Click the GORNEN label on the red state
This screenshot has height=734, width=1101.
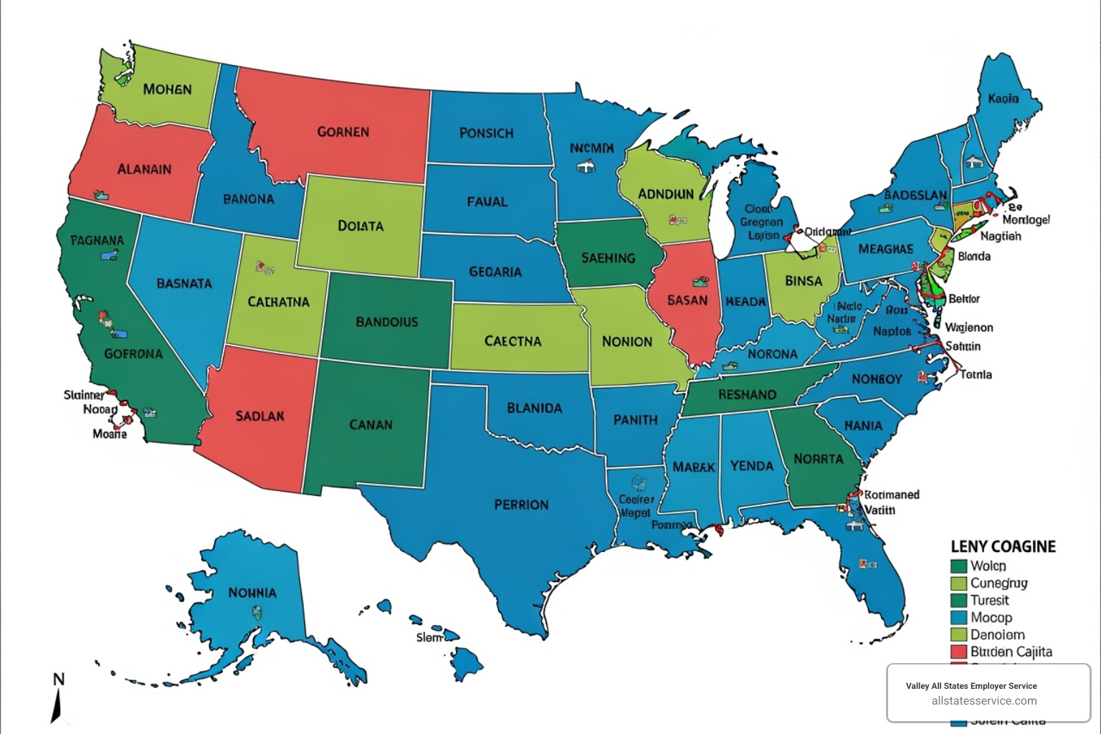click(343, 132)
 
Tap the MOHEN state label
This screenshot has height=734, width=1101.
click(167, 90)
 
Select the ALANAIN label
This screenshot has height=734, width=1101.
click(144, 169)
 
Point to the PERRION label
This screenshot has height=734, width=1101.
click(521, 505)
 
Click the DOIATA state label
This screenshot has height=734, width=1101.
click(360, 226)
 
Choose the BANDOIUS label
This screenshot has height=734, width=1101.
click(386, 322)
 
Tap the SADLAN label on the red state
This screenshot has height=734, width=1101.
click(259, 416)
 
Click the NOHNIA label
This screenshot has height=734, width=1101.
click(252, 593)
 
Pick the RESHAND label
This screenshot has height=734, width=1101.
click(747, 395)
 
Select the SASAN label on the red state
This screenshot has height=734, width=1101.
click(687, 300)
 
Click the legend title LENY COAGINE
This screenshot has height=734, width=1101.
click(1003, 546)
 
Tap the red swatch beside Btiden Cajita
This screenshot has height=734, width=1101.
click(958, 652)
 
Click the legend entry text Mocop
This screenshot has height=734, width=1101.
click(991, 617)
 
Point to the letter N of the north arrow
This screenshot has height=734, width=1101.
click(59, 679)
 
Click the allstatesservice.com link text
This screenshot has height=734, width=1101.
click(983, 701)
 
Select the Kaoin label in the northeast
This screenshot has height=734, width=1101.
click(1003, 98)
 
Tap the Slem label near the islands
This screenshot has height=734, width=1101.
click(429, 637)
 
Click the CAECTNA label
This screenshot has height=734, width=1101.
click(513, 341)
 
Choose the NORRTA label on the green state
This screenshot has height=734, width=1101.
click(818, 459)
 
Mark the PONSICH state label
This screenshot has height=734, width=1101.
click(486, 133)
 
